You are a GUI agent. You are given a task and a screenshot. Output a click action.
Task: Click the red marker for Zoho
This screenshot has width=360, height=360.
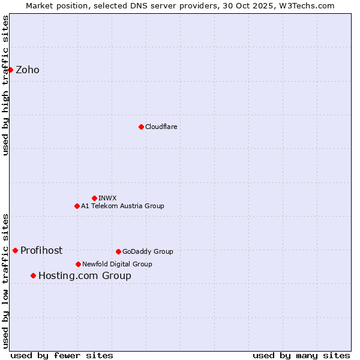(10, 70)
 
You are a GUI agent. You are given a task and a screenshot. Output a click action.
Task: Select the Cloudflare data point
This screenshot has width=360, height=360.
(141, 127)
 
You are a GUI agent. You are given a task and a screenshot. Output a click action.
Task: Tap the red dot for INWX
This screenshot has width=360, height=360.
(94, 198)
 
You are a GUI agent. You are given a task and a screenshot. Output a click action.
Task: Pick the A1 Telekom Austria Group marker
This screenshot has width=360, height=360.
(77, 206)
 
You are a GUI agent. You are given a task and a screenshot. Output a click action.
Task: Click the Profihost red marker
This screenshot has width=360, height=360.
(15, 250)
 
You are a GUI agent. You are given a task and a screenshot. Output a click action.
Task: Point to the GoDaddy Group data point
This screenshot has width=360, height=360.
(118, 251)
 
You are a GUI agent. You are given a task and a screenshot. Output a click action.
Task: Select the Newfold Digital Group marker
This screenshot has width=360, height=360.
(78, 264)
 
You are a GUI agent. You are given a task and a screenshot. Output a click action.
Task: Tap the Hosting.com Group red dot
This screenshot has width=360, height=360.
(33, 275)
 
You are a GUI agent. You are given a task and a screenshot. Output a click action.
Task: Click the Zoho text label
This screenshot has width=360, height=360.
(28, 70)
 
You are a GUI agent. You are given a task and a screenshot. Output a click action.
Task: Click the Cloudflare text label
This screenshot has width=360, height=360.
(161, 127)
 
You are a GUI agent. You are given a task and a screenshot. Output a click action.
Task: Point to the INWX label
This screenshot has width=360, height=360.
(107, 198)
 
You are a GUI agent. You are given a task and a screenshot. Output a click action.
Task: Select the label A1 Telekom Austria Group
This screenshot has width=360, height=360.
(122, 206)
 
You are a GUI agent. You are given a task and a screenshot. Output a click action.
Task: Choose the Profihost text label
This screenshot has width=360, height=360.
(41, 251)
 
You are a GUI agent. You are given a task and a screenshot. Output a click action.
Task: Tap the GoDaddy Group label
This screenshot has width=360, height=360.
(148, 251)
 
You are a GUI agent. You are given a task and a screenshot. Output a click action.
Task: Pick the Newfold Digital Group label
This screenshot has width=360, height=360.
(117, 264)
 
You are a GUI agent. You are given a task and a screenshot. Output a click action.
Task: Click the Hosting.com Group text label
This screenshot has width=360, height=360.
(85, 276)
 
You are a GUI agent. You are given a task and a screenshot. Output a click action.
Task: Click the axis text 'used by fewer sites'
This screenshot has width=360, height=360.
(62, 355)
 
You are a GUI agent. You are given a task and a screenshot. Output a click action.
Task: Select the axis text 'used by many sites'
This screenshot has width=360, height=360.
(301, 355)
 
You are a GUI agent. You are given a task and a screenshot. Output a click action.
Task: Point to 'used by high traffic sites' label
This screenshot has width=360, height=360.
(6, 85)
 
